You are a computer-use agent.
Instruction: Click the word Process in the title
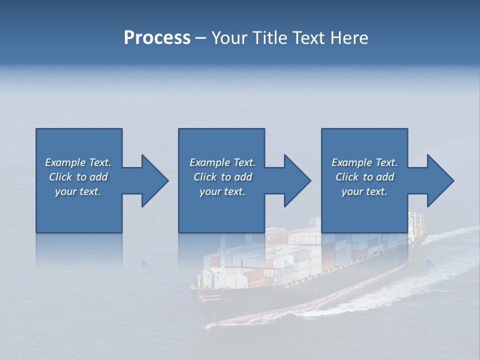[157, 38]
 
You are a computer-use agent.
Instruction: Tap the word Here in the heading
[349, 38]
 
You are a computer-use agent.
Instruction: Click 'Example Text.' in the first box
[78, 162]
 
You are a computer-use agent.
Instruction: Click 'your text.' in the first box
[78, 191]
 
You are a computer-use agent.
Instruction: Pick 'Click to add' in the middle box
[222, 177]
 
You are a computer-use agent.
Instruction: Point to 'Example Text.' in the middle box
[222, 162]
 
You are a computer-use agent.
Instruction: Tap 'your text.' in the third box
[364, 191]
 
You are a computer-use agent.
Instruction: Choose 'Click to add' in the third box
[364, 177]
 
